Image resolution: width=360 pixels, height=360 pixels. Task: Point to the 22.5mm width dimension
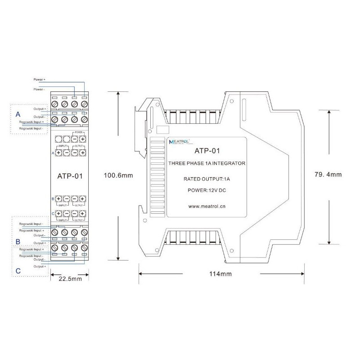pyautogui.click(x=70, y=279)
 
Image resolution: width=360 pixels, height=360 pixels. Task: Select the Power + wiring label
pyautogui.click(x=40, y=80)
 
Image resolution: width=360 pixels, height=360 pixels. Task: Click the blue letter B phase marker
pyautogui.click(x=18, y=242)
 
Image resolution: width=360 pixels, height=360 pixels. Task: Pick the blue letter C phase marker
pyautogui.click(x=18, y=270)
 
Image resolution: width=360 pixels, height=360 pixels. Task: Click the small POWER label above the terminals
pyautogui.click(x=78, y=133)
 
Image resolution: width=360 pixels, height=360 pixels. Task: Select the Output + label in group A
pyautogui.click(x=40, y=108)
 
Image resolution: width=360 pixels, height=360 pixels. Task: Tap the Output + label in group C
pyautogui.click(x=40, y=266)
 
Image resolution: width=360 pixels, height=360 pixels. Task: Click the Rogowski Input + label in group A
pyautogui.click(x=31, y=122)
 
